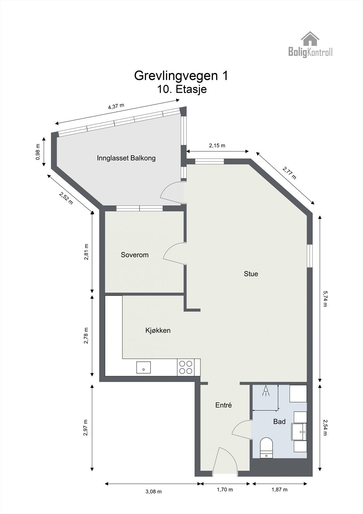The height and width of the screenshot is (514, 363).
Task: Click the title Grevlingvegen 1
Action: [181, 75]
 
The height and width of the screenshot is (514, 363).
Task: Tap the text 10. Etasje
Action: [181, 89]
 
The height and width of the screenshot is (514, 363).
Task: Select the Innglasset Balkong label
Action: [126, 158]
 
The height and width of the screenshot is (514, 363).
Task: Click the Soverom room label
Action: [134, 255]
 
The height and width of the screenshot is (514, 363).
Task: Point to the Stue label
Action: [251, 274]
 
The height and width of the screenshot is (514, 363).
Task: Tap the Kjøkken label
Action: [158, 330]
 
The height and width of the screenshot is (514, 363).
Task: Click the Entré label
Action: [223, 405]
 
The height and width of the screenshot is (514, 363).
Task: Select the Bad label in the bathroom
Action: [279, 421]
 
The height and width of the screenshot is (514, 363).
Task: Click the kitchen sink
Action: [143, 367]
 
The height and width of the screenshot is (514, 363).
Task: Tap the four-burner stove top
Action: [186, 367]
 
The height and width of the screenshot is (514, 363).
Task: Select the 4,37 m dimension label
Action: [116, 106]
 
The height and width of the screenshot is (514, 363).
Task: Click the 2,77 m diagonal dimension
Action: [289, 173]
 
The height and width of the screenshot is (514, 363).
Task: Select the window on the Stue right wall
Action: [309, 256]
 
